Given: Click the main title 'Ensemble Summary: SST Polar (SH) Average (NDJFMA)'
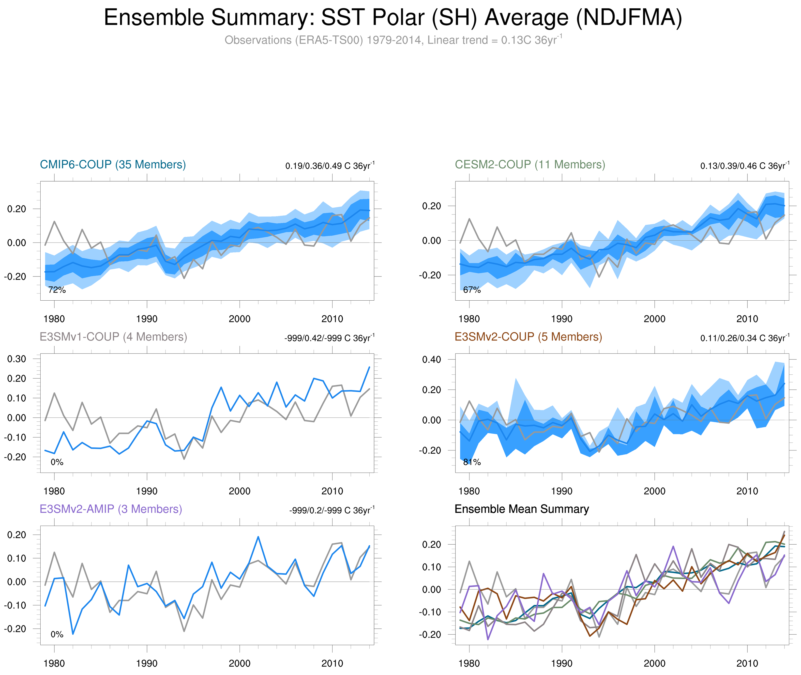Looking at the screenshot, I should click(x=393, y=18).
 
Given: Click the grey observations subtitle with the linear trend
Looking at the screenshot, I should click(x=393, y=40).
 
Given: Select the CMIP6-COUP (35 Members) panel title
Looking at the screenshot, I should click(x=113, y=165).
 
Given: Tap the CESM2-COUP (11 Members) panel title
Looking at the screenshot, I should click(x=530, y=165).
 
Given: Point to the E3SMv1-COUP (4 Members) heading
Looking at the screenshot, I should click(x=113, y=337).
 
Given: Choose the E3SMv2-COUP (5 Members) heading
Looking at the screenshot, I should click(x=528, y=337).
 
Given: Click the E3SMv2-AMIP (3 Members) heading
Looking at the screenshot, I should click(x=111, y=509).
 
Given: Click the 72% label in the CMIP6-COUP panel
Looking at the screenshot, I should click(x=57, y=290).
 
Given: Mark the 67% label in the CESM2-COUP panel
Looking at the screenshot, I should click(x=472, y=290).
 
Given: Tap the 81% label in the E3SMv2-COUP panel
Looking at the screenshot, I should click(x=472, y=462).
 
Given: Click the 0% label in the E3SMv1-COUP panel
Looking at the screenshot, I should click(x=57, y=462).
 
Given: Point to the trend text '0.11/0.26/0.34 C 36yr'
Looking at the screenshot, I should click(x=744, y=338).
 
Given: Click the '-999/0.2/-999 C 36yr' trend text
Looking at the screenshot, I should click(x=331, y=510).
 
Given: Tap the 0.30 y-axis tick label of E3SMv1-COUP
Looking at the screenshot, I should click(x=17, y=359).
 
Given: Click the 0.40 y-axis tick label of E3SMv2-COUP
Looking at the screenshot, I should click(x=431, y=359).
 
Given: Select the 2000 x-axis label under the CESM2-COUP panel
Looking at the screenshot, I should click(x=654, y=319).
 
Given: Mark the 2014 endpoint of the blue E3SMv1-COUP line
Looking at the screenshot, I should click(x=369, y=367).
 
